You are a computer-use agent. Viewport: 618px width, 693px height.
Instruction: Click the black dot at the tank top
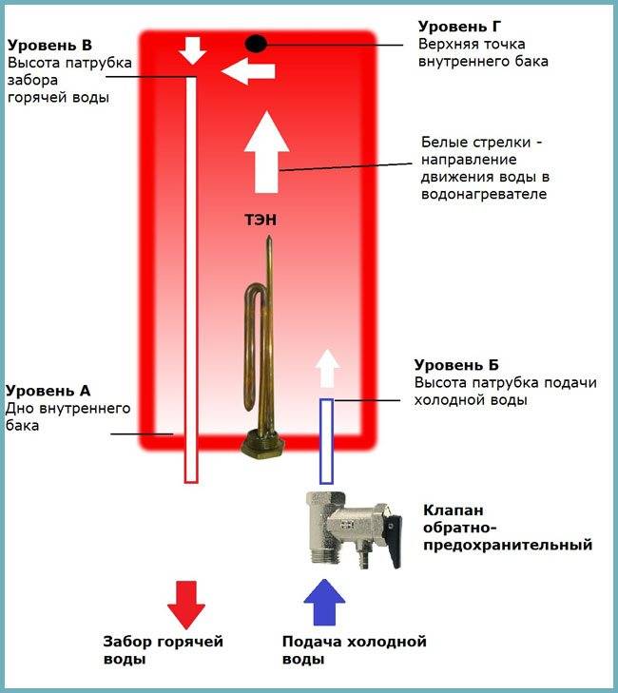[256, 44]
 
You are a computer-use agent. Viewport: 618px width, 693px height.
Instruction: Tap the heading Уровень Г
[460, 27]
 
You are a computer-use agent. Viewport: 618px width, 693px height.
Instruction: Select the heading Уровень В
[49, 45]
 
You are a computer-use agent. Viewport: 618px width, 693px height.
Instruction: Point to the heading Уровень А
[48, 391]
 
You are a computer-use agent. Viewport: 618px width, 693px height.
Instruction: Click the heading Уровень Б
[456, 365]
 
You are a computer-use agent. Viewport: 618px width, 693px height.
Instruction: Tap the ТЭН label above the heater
[261, 220]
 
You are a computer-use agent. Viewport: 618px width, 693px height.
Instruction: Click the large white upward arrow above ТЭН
[266, 152]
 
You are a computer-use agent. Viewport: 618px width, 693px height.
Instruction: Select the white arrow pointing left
[248, 71]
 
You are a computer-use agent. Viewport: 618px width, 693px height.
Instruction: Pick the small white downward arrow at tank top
[193, 50]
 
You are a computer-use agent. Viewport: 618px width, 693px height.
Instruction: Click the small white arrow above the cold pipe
[327, 368]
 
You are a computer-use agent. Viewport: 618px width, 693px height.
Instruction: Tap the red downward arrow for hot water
[186, 605]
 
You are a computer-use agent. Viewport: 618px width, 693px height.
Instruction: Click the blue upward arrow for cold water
[324, 603]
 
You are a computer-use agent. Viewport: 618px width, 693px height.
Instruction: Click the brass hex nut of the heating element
[262, 444]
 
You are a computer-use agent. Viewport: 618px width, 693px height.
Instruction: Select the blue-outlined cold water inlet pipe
[326, 441]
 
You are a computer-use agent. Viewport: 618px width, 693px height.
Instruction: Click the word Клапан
[454, 510]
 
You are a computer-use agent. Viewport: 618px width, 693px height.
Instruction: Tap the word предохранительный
[508, 545]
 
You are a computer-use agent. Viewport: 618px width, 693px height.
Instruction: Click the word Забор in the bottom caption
[126, 642]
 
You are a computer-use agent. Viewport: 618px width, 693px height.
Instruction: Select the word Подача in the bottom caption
[311, 642]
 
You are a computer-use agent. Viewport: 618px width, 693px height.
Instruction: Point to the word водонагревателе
[484, 194]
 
